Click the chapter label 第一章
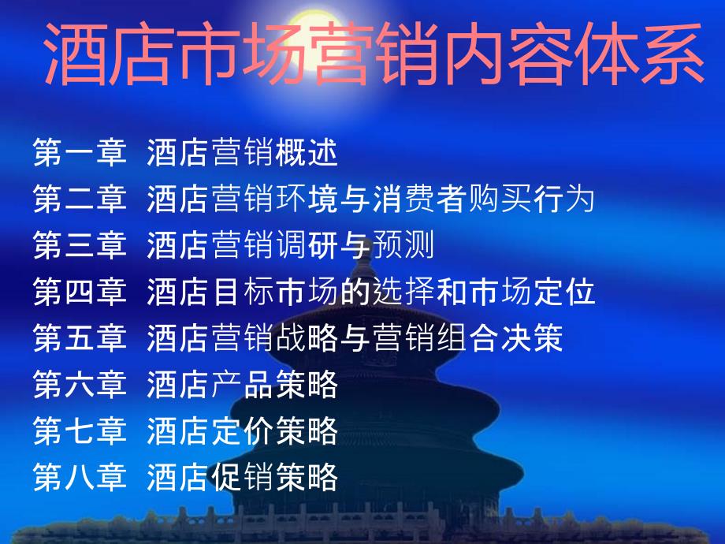pyautogui.click(x=80, y=152)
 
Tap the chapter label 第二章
pyautogui.click(x=80, y=199)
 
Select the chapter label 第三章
pyautogui.click(x=80, y=244)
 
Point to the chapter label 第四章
pyautogui.click(x=80, y=292)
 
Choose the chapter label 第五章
pyautogui.click(x=80, y=337)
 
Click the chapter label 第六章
pyautogui.click(x=80, y=384)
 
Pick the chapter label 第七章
pyautogui.click(x=80, y=430)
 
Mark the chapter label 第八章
pyautogui.click(x=80, y=476)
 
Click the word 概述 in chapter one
pyautogui.click(x=307, y=152)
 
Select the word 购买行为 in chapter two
pyautogui.click(x=531, y=199)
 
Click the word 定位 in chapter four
pyautogui.click(x=564, y=292)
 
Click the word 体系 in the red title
pyautogui.click(x=639, y=53)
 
